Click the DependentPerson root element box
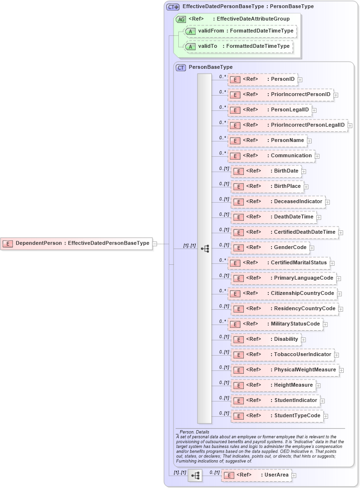[76, 243]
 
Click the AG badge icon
[181, 19]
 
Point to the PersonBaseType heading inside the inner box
[210, 67]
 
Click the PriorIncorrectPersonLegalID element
[287, 125]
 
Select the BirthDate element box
[266, 171]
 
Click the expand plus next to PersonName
[309, 141]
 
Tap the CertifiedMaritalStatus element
[278, 263]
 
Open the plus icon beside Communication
[317, 156]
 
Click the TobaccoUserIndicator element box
[283, 355]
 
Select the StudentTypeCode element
[277, 416]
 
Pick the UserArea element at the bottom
[257, 475]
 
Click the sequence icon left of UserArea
[195, 476]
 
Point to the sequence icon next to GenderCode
[205, 249]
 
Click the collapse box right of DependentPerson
[154, 244]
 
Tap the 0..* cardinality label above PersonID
[222, 76]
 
